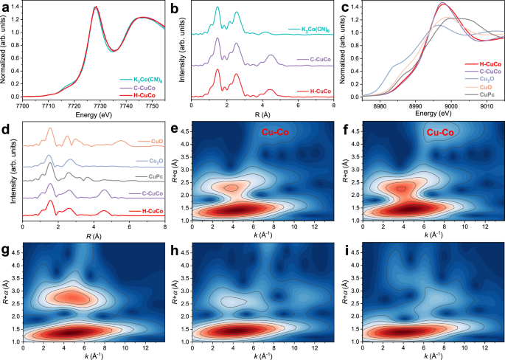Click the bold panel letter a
(x=5, y=7)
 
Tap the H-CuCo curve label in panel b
(x=310, y=91)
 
